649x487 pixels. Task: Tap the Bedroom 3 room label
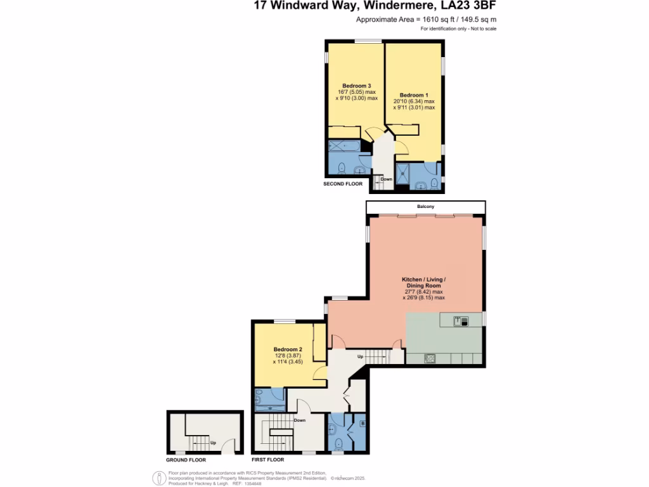click(x=356, y=86)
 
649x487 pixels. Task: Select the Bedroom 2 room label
click(x=288, y=349)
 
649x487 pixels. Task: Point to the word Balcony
click(x=425, y=207)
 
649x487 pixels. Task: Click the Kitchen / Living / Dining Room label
click(x=424, y=283)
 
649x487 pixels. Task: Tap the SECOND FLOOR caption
click(x=343, y=184)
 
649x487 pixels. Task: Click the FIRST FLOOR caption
click(x=268, y=460)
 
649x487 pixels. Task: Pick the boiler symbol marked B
click(x=363, y=423)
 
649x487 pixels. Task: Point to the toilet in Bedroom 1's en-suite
click(x=434, y=184)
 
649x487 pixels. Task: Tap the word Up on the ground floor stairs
click(x=213, y=442)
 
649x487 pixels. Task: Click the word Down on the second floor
click(x=387, y=179)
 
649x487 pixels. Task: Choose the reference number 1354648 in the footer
click(x=252, y=483)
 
